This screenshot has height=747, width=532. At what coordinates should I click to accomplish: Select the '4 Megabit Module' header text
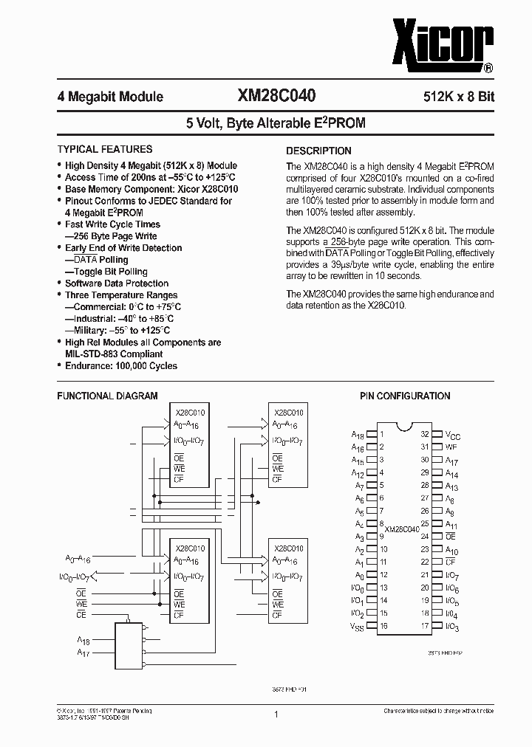[110, 97]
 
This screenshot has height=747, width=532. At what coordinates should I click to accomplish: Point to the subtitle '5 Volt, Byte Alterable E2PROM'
[276, 123]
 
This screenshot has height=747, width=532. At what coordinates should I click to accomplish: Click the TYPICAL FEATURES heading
[105, 149]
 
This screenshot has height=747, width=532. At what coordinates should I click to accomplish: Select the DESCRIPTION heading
[318, 151]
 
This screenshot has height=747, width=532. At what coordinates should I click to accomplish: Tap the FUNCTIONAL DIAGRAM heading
[107, 396]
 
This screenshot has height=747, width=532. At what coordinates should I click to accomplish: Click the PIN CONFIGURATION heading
[405, 396]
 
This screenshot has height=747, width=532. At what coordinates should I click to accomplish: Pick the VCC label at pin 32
[453, 436]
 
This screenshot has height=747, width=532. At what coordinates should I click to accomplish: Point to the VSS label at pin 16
[357, 627]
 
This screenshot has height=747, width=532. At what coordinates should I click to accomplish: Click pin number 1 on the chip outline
[382, 435]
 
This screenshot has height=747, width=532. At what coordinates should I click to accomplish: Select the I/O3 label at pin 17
[452, 627]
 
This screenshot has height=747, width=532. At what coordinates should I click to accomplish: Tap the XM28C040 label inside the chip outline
[402, 529]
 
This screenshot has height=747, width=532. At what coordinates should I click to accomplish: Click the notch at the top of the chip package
[403, 427]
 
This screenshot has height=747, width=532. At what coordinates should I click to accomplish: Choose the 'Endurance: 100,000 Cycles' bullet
[120, 365]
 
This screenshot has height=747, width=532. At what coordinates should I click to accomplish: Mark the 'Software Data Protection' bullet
[116, 283]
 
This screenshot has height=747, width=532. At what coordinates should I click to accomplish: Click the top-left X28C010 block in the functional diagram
[190, 446]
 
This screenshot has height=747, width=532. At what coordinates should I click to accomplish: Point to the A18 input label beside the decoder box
[84, 641]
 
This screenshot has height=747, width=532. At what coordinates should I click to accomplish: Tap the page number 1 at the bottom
[276, 714]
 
